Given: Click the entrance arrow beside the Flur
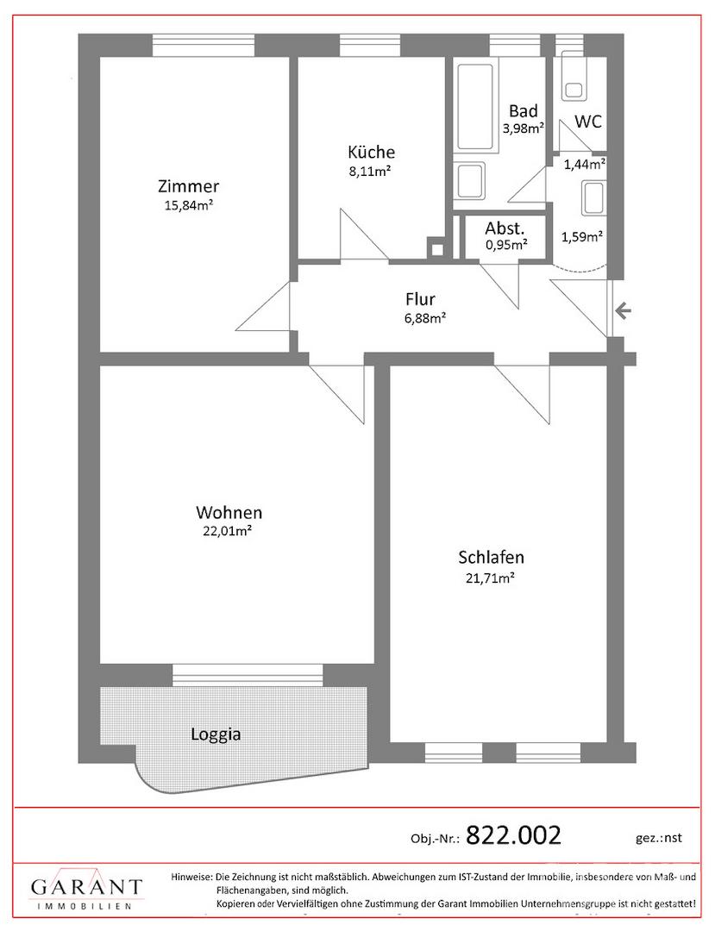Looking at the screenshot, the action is tap(623, 310).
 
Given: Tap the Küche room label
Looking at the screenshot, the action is tap(371, 152).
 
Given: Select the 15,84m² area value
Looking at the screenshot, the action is tap(189, 206).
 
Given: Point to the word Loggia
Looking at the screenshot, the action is tap(216, 734).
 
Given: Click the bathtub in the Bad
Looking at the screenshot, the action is tap(474, 108).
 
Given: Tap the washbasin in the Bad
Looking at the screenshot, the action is tap(470, 179).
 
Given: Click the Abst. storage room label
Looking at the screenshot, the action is tap(505, 228).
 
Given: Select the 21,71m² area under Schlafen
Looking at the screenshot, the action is tap(490, 578).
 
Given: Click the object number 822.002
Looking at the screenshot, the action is tap(514, 835).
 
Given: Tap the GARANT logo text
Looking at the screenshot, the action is tap(87, 888).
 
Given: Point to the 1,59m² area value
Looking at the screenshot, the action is tap(582, 237).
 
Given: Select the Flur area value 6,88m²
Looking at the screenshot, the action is tap(425, 318).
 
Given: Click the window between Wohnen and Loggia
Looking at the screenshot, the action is tap(248, 674).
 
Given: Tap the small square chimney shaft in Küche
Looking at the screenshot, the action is tap(436, 249).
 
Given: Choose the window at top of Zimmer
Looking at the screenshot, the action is tap(203, 45).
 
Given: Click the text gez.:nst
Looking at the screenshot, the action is tap(659, 839).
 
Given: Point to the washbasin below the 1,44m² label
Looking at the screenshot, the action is tap(593, 197).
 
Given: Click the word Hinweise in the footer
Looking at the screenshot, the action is tap(191, 877).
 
